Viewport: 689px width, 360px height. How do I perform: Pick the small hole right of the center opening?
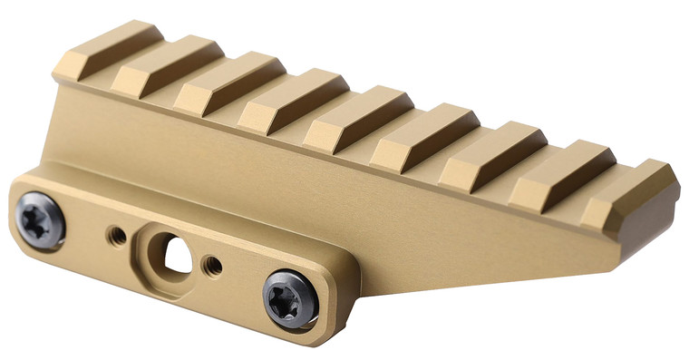213,266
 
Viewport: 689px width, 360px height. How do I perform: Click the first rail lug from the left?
108,49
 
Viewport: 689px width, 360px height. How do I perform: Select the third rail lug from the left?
227,82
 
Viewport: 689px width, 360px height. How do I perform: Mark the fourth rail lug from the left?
290,98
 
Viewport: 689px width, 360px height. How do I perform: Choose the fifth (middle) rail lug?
355,115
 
